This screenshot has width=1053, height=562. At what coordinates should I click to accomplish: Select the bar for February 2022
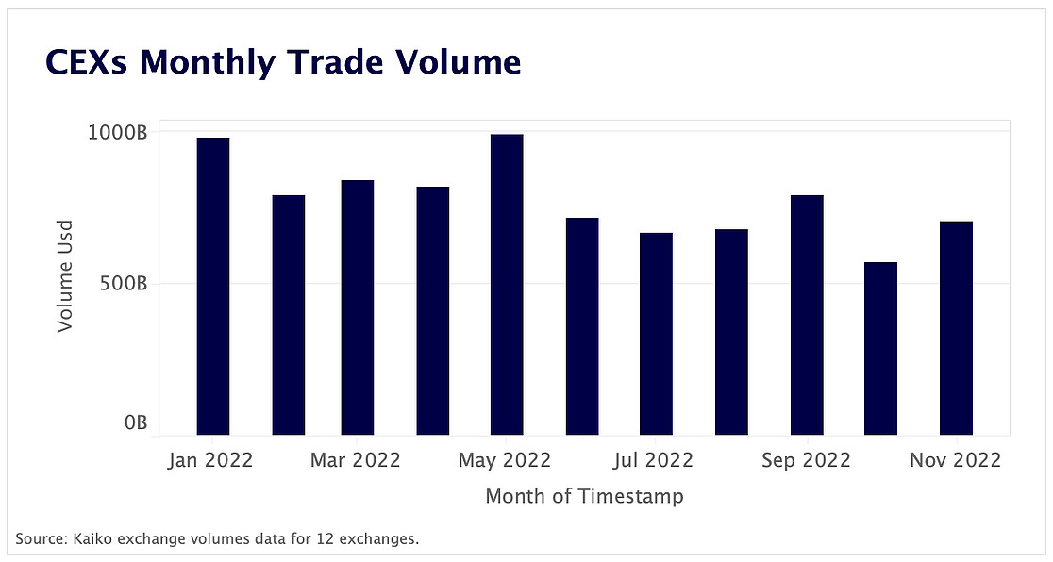point(289,315)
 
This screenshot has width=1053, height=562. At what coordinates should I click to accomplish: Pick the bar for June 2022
point(582,326)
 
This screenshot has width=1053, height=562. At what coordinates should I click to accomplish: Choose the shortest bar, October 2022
point(880,348)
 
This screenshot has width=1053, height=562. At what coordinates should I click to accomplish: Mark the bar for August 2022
point(731,332)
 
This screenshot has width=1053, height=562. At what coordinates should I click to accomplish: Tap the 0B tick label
point(136,423)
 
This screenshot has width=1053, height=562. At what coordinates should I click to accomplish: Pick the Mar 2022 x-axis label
point(356,460)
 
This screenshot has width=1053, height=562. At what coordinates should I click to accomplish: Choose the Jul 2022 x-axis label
point(654,460)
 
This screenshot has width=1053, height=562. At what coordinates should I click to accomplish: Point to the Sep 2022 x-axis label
point(805,460)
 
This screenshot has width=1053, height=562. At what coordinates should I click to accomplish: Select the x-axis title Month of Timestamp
point(584,496)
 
